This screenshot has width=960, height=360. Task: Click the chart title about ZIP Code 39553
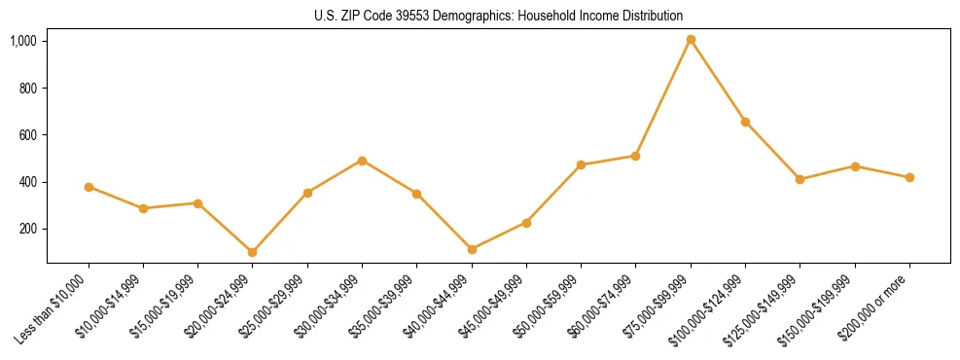498,16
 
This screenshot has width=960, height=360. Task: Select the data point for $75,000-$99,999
691,40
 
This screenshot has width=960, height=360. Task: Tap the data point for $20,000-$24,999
253,252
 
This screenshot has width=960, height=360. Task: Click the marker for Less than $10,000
89,187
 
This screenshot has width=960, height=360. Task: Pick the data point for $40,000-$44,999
472,249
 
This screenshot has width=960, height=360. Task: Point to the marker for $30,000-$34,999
362,161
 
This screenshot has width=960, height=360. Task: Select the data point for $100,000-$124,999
745,122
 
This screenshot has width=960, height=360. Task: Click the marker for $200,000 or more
909,177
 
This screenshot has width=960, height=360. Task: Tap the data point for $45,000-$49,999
526,223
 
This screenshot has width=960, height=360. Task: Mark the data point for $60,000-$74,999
636,156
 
